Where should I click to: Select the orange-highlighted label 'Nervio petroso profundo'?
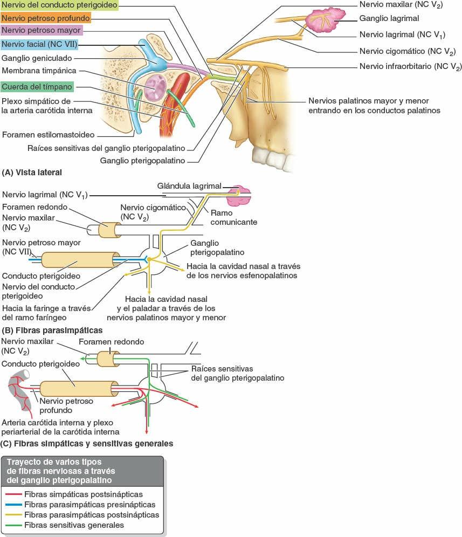(x=45, y=18)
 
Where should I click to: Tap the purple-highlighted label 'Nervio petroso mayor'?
(x=42, y=30)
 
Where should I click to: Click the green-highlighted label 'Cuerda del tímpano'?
(x=37, y=86)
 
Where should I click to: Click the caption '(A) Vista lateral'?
(x=32, y=173)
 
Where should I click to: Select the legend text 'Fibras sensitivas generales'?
(x=74, y=525)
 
